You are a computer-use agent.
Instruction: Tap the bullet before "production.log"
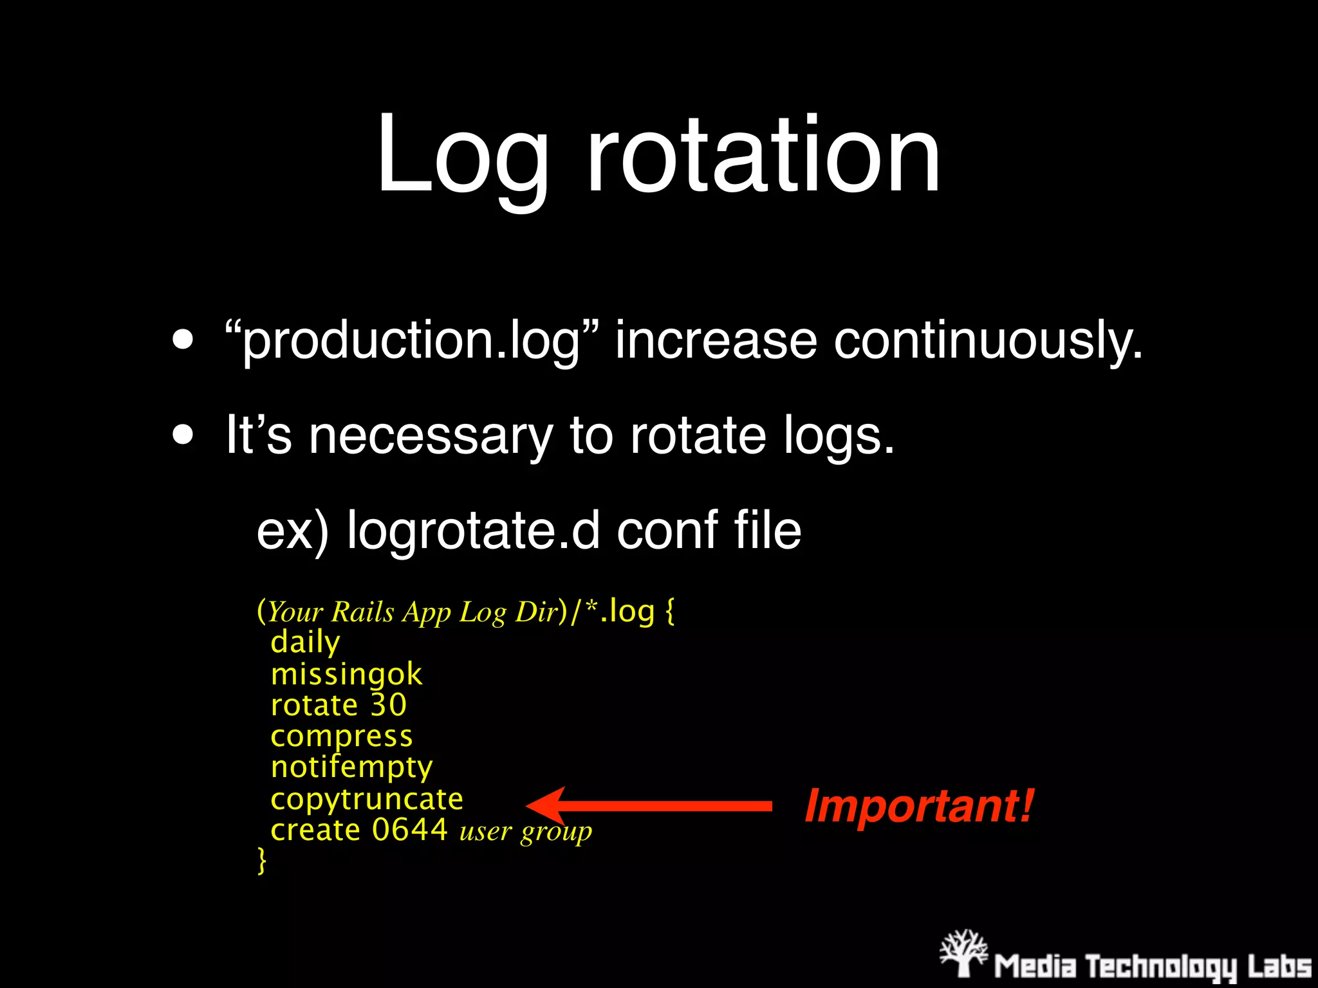point(183,340)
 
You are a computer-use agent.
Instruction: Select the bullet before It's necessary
point(183,435)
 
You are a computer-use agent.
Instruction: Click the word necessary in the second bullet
point(431,436)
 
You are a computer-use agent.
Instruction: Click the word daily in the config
point(305,642)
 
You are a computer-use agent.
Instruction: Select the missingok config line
point(346,674)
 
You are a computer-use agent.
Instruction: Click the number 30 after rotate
point(388,705)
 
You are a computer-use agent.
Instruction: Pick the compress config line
point(341,736)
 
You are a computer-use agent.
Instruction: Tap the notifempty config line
point(351,767)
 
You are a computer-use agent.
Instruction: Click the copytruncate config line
point(367,799)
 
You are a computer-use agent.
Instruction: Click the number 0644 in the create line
point(410,830)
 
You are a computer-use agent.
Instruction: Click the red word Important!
point(919,806)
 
